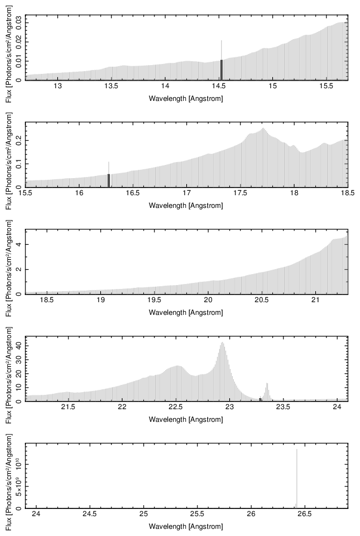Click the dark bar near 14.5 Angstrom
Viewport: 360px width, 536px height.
click(x=222, y=69)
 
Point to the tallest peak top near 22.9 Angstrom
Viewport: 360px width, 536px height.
click(x=222, y=343)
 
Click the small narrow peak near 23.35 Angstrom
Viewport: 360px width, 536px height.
click(x=267, y=384)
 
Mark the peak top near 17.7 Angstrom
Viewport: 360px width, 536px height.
click(x=264, y=128)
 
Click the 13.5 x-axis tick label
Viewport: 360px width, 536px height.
click(x=111, y=87)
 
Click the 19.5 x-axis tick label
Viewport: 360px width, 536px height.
click(x=154, y=301)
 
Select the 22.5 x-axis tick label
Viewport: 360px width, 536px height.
click(x=175, y=408)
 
